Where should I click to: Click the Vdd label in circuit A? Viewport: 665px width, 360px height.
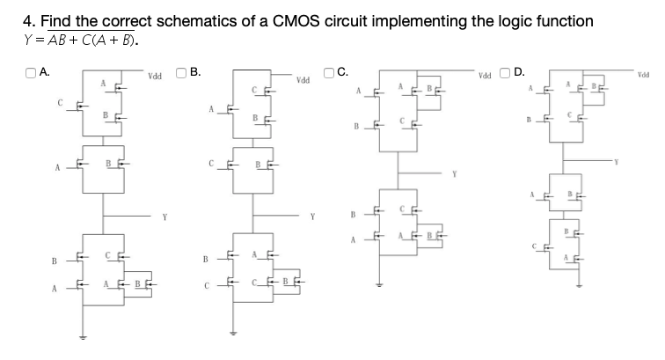[x=154, y=77]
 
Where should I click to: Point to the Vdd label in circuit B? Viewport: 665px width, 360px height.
[x=303, y=81]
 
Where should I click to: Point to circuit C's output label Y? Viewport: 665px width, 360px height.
[x=455, y=173]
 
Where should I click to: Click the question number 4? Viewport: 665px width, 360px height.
[x=26, y=20]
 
